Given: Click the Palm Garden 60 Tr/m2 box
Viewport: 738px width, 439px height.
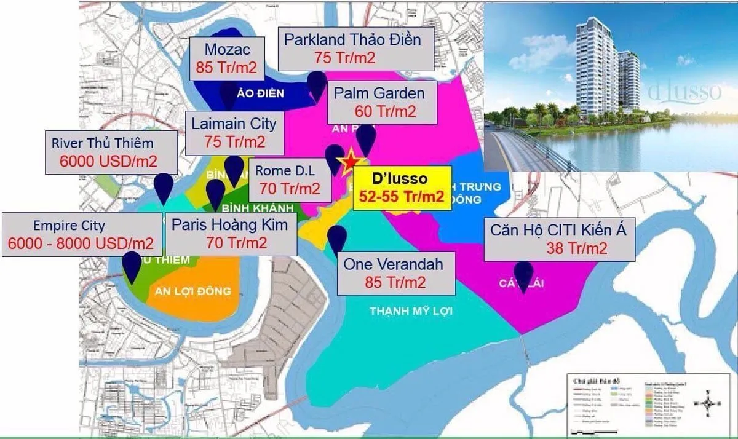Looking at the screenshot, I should [382, 102].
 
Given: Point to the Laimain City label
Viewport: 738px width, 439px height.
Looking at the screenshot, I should [234, 132].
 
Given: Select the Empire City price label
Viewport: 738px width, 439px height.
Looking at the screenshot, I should [81, 234].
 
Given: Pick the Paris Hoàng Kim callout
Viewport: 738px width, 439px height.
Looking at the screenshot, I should [230, 234].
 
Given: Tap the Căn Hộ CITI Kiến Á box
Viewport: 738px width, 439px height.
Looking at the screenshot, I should [558, 239].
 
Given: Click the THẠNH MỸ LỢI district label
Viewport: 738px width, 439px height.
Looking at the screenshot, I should [411, 312].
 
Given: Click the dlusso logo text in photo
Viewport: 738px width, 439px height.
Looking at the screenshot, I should [684, 92].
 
